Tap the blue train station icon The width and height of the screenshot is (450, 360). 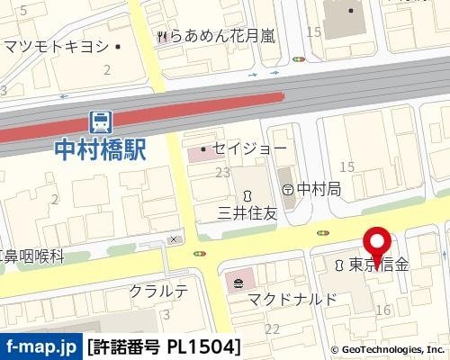[101, 121]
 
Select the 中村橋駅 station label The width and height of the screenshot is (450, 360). [100, 148]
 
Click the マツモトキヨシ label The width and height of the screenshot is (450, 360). [56, 46]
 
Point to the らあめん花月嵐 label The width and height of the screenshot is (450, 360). [223, 36]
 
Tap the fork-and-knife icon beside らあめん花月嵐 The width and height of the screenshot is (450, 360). [162, 36]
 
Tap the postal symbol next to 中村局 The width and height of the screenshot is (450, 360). [288, 190]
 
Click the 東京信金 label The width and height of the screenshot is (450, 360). [379, 265]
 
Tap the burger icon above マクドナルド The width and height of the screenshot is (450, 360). [238, 283]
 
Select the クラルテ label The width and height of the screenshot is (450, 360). [158, 291]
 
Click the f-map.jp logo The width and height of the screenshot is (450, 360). [41, 346]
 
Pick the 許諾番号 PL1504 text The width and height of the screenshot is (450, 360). [165, 346]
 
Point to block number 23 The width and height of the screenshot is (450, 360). [222, 172]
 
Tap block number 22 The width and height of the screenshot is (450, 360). [272, 329]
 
